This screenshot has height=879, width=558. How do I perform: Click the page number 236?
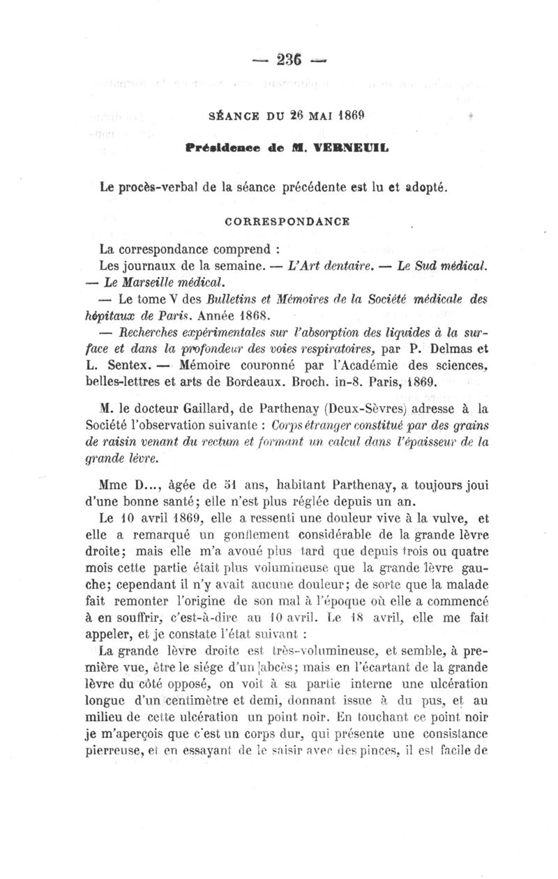coord(278,61)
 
